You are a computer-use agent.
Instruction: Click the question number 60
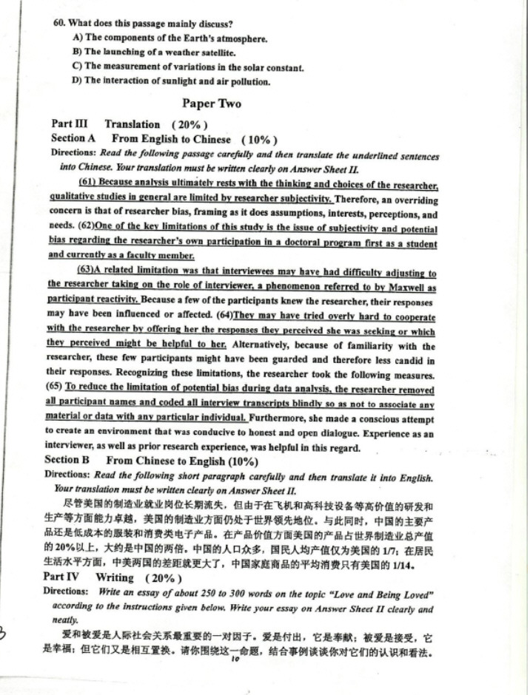[60, 24]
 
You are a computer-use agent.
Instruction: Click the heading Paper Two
[212, 104]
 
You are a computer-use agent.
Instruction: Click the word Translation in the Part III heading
[132, 124]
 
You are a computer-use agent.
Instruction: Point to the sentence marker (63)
[88, 271]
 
